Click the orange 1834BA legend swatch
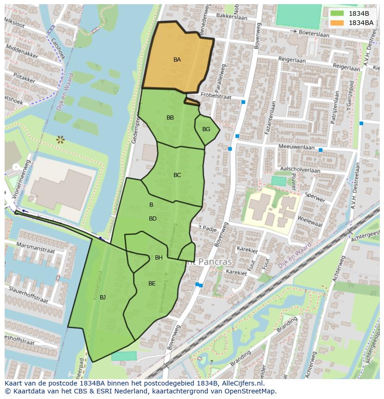[x=337, y=23]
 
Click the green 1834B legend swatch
[x=337, y=13]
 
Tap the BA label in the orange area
[x=177, y=60]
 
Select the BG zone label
[x=206, y=129]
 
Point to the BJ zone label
[x=102, y=297]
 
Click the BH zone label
[x=159, y=258]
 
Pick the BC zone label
[x=177, y=175]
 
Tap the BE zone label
[x=152, y=284]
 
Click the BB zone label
[x=170, y=118]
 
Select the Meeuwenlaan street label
[x=296, y=146]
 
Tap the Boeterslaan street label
[x=316, y=33]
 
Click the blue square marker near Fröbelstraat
[x=243, y=102]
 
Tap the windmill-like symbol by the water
[x=60, y=139]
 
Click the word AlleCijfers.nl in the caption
[x=241, y=383]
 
